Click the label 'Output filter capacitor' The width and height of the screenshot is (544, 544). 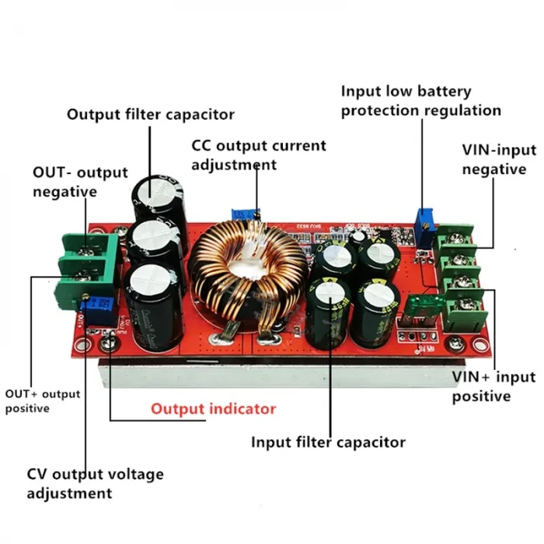(x=150, y=114)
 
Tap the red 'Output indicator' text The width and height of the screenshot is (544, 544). (x=213, y=409)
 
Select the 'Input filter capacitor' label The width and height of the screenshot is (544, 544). (x=327, y=442)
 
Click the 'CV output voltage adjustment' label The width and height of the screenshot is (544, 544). (x=95, y=483)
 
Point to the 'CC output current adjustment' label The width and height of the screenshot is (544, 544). (x=259, y=155)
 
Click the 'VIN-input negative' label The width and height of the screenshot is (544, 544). (x=493, y=159)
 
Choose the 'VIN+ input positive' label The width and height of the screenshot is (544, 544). (x=493, y=386)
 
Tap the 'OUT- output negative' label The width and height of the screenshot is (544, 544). (x=79, y=181)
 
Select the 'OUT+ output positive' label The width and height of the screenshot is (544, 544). (x=43, y=401)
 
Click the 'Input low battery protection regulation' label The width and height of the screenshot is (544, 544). (x=420, y=101)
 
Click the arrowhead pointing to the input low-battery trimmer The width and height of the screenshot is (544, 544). (x=420, y=207)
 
